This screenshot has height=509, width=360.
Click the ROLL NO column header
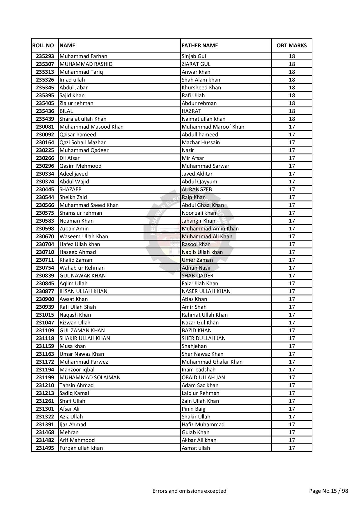[43, 46]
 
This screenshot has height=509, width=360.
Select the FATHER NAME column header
[200, 46]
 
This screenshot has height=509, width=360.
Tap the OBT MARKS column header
[291, 46]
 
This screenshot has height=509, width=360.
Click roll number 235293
[45, 56]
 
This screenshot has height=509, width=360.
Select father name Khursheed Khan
[201, 88]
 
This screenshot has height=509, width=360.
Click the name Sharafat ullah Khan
[83, 119]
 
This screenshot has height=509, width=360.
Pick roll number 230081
[45, 127]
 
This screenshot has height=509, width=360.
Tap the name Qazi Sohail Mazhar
[82, 142]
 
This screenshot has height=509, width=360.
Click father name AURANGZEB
[197, 189]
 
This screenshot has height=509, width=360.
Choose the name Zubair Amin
[74, 229]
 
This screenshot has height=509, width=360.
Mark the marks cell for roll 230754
[291, 268]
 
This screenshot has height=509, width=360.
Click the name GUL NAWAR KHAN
[82, 276]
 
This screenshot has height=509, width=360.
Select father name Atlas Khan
[194, 299]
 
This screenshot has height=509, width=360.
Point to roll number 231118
[45, 338]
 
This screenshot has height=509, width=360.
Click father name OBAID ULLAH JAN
[203, 378]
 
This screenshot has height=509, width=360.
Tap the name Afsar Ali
[69, 409]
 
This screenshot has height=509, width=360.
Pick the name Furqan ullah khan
[81, 448]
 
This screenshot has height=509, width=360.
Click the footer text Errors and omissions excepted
[189, 491]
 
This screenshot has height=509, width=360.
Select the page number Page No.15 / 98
[328, 491]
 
